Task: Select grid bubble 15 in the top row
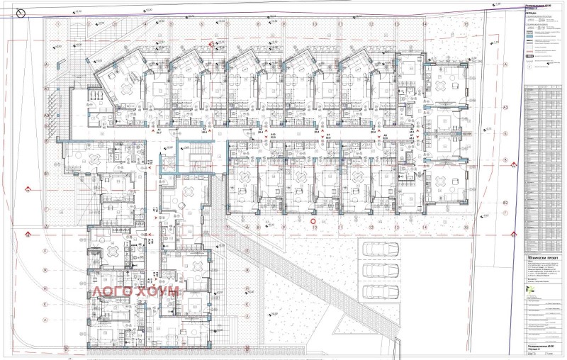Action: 466,23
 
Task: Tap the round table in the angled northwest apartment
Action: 128,89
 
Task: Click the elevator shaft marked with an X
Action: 167,162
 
